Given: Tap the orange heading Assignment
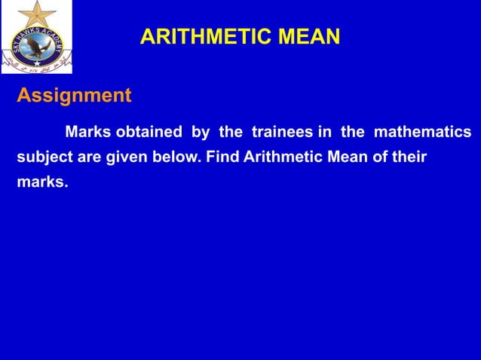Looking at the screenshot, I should [x=74, y=96].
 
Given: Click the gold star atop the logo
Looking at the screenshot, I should [x=35, y=13].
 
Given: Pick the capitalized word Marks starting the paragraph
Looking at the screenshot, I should [x=88, y=133].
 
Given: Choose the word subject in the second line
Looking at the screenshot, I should [x=44, y=157].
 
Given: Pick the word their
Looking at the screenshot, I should [x=408, y=157].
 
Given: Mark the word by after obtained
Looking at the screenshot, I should [x=200, y=133].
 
